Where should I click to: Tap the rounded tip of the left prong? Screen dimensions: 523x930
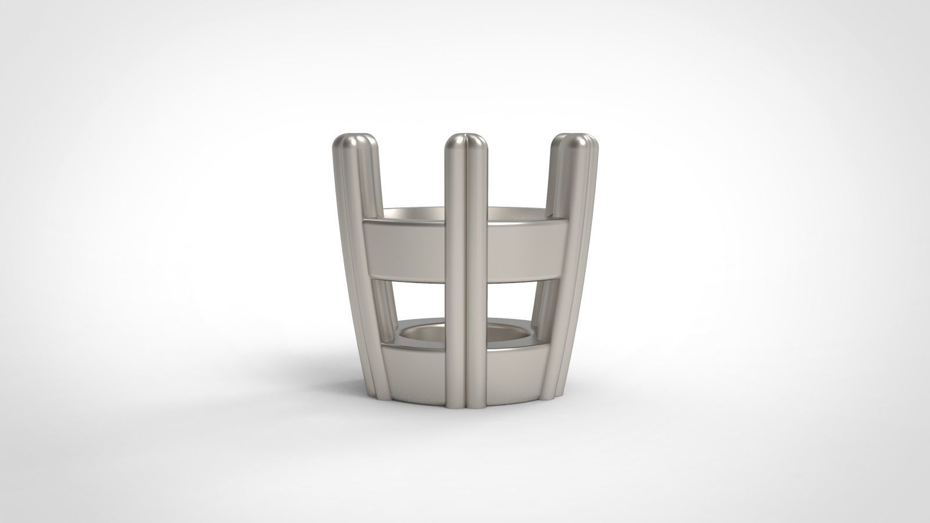pyautogui.click(x=355, y=142)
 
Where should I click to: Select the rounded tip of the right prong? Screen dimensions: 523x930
pyautogui.click(x=573, y=142)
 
